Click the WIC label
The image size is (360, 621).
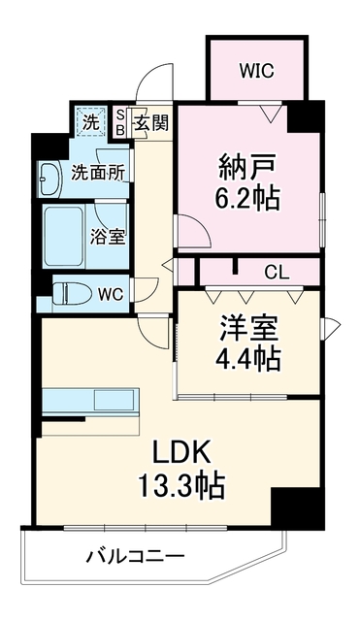256,71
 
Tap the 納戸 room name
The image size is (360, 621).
247,168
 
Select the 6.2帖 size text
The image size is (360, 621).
247,198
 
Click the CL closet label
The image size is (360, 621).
278,273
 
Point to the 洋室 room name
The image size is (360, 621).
247,328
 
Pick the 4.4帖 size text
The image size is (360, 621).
247,358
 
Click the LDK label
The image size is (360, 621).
181,455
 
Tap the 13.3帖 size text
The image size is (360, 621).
181,485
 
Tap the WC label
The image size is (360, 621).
111,294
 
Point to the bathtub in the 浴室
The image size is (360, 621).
64,237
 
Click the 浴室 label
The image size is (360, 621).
108,237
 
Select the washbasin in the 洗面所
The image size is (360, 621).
49,179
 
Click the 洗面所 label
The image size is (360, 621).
98,173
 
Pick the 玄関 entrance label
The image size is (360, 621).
151,123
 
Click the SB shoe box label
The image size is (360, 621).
120,123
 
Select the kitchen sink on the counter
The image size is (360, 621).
114,399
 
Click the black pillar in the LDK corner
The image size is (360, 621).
298,507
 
